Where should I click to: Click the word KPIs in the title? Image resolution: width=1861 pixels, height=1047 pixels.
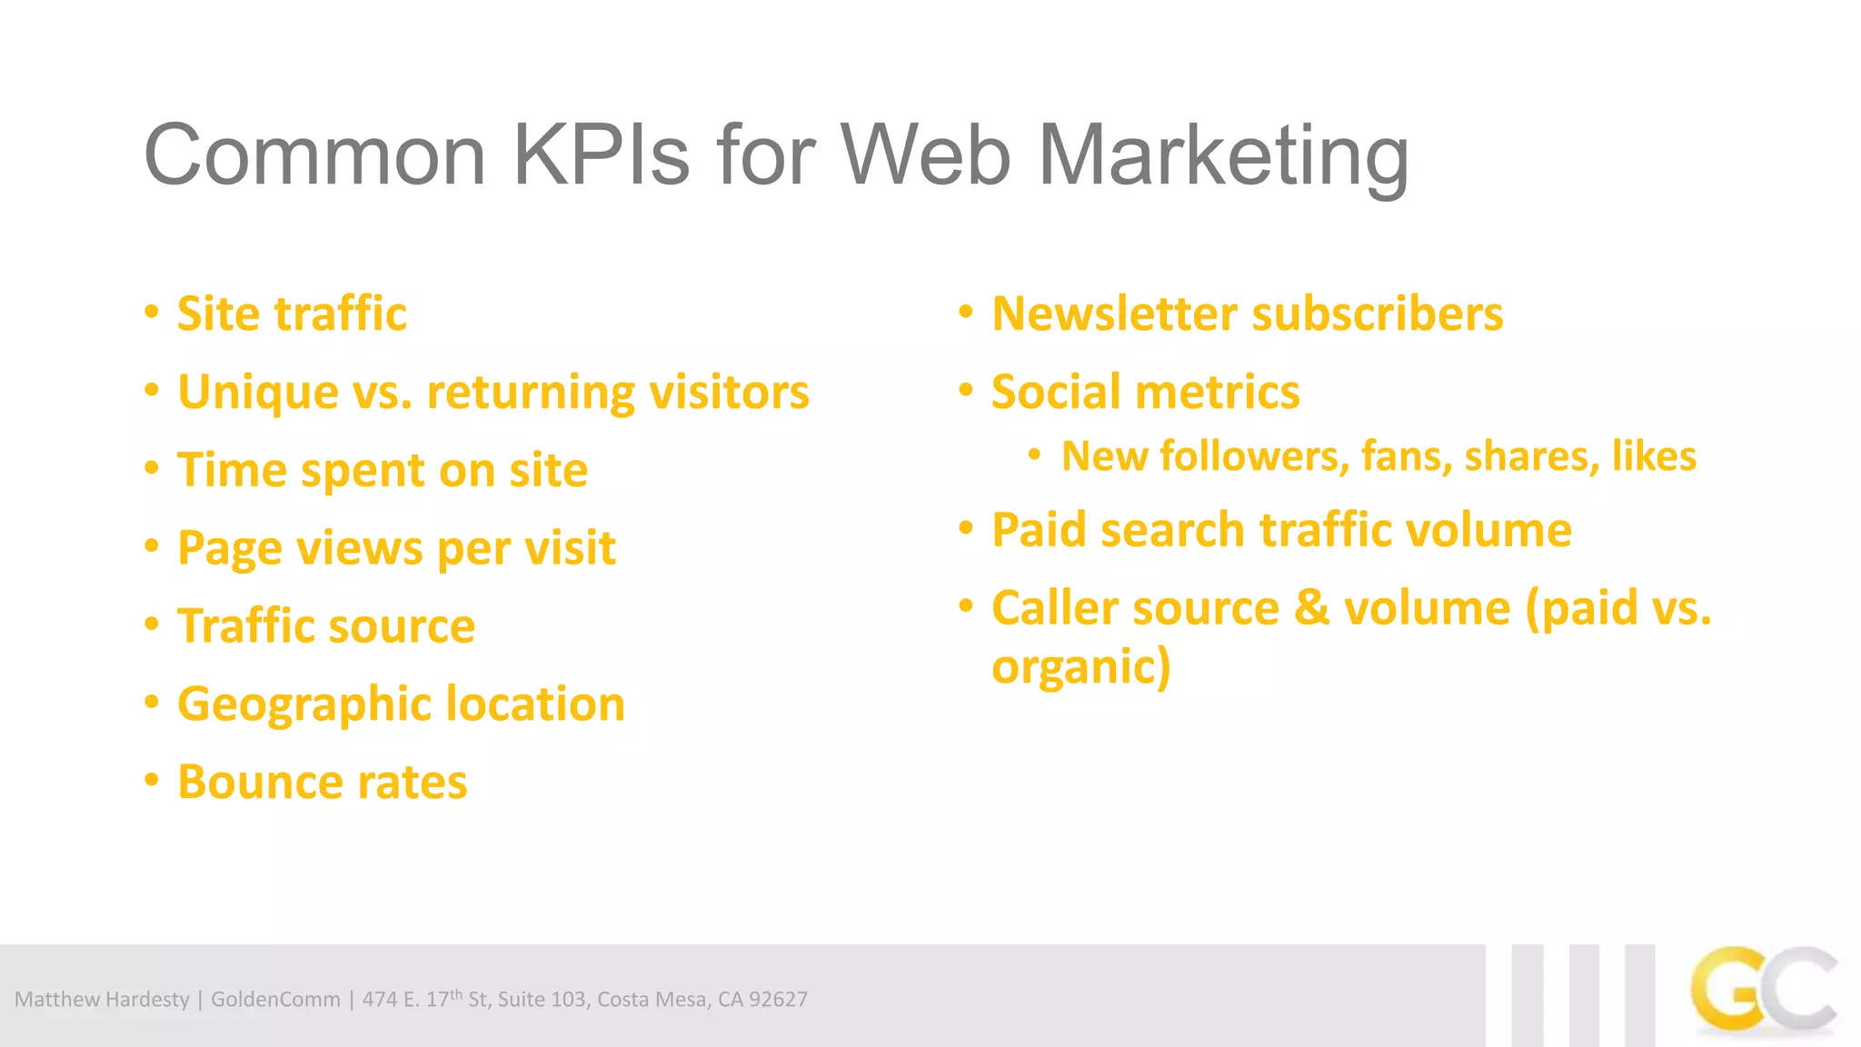pos(601,155)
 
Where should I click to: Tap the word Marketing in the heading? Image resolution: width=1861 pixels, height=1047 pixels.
pos(1223,157)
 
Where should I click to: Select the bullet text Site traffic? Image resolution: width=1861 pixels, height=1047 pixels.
pos(292,314)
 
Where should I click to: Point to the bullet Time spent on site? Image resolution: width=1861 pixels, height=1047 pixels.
pos(383,471)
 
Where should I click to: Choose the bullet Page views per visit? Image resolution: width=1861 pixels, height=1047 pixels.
pos(396,549)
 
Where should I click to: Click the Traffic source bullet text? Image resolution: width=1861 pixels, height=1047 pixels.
pos(326,627)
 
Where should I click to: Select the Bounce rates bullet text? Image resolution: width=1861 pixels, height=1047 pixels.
pos(322,783)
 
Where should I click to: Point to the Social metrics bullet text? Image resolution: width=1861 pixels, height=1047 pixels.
pos(1145,393)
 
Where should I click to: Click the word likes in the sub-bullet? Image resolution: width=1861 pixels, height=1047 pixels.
pos(1654,456)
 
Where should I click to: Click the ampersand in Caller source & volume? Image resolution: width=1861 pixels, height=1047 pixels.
pos(1311,608)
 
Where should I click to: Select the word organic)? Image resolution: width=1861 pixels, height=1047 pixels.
pos(1080,668)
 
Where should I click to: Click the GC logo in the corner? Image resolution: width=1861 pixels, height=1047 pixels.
pos(1763,992)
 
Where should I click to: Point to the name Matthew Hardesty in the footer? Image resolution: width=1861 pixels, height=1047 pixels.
pos(102,1000)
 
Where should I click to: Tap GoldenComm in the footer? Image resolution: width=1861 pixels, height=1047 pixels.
pos(275,1000)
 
